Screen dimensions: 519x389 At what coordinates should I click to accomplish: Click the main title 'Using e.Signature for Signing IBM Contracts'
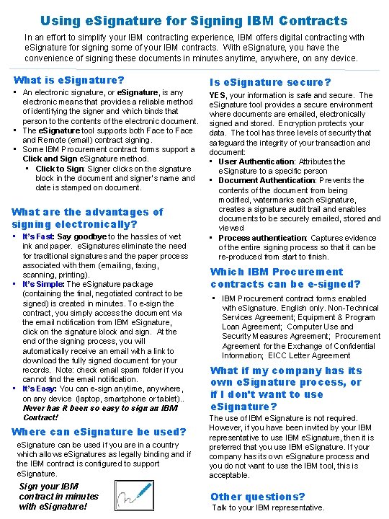[x=194, y=21]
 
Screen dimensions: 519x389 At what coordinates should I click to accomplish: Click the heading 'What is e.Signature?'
[x=69, y=80]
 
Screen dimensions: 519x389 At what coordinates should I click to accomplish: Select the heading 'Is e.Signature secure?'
[x=270, y=82]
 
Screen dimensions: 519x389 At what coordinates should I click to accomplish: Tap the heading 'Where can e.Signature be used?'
[x=99, y=432]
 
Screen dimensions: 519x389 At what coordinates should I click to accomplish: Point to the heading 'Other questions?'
[x=257, y=496]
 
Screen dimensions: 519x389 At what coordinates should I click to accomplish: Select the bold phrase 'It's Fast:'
[x=38, y=236]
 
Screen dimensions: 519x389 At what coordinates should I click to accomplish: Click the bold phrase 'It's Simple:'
[x=43, y=284]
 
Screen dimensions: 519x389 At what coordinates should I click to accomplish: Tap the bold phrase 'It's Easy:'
[x=40, y=389]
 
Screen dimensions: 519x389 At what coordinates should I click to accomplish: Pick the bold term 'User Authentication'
[x=257, y=161]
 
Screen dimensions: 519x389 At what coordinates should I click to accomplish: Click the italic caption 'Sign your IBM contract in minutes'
[x=58, y=496]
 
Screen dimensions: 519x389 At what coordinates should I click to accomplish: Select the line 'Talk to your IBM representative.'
[x=268, y=507]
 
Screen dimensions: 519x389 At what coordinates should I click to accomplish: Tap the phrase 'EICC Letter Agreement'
[x=310, y=355]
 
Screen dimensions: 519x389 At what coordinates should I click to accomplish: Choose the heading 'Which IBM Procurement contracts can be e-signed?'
[x=277, y=278]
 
